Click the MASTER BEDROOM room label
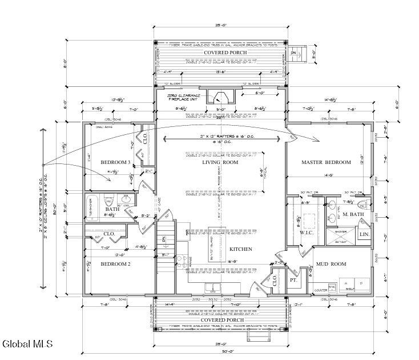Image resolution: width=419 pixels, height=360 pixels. (326, 162)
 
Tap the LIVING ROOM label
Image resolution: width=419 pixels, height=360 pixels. (219, 162)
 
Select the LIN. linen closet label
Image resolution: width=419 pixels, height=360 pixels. (364, 235)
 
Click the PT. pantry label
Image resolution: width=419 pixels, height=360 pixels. (293, 281)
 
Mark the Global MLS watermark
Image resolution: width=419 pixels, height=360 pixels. (27, 344)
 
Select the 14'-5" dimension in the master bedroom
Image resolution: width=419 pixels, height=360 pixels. (328, 176)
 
